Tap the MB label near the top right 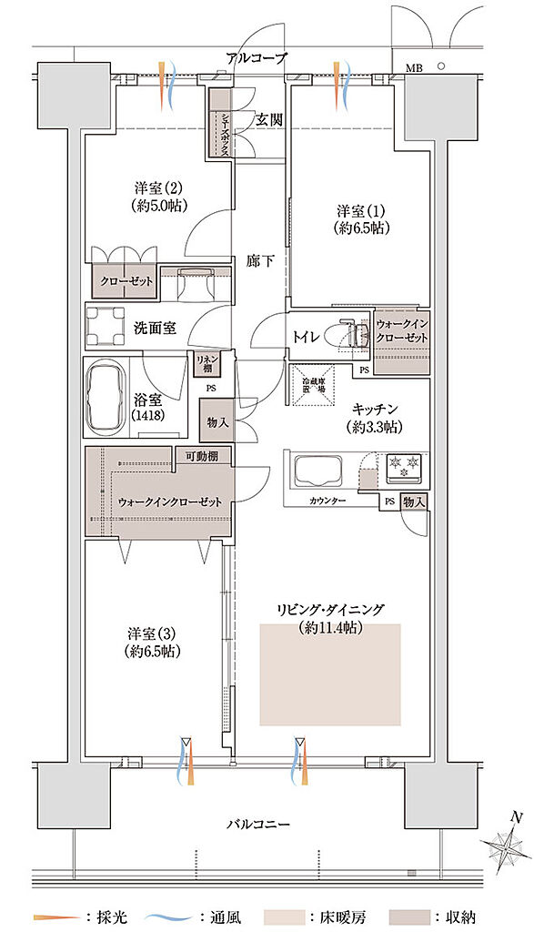[414, 67]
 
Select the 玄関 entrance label [267, 118]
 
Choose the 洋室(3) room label [151, 634]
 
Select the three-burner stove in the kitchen [400, 468]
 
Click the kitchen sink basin [315, 471]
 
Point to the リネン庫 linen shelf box [206, 364]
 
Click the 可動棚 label [202, 456]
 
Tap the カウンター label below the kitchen [327, 501]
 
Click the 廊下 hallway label [260, 261]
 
